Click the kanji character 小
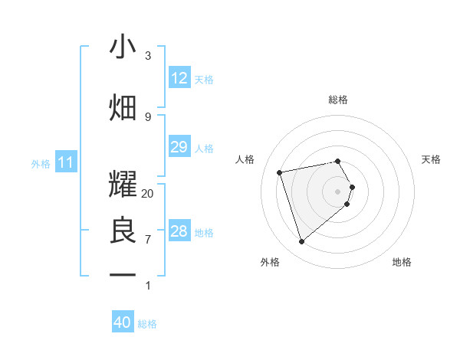tap(123, 47)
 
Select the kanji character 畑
tap(123, 108)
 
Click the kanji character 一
tap(123, 274)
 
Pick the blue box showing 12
tap(179, 78)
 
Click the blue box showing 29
tap(179, 147)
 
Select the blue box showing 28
tap(179, 231)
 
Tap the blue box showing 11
tap(66, 162)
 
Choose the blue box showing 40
tap(123, 322)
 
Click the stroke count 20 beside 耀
tap(148, 194)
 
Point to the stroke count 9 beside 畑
tap(148, 116)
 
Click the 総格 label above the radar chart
tap(338, 100)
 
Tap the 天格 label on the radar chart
tap(431, 159)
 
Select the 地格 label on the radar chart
tap(402, 262)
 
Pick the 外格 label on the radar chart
tap(270, 262)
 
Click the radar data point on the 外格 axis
tap(301, 242)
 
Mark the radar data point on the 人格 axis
tap(280, 172)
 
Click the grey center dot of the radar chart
tap(338, 191)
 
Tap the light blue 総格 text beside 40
tap(147, 324)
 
